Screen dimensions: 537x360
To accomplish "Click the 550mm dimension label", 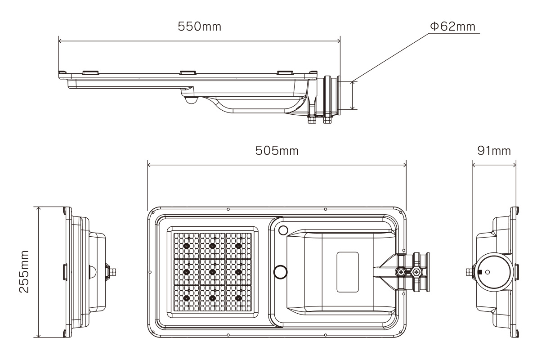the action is (x=199, y=27).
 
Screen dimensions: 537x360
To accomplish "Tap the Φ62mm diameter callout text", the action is (x=452, y=27).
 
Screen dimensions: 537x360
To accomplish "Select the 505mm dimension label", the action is (x=277, y=150).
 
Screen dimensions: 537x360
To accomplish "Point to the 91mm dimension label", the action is (x=494, y=150).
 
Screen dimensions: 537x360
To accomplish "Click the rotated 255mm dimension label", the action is (x=24, y=272).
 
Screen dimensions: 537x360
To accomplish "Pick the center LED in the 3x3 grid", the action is (x=212, y=272).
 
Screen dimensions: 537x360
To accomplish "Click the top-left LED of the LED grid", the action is (x=187, y=246).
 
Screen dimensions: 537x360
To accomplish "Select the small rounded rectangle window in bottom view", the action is (x=348, y=272).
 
